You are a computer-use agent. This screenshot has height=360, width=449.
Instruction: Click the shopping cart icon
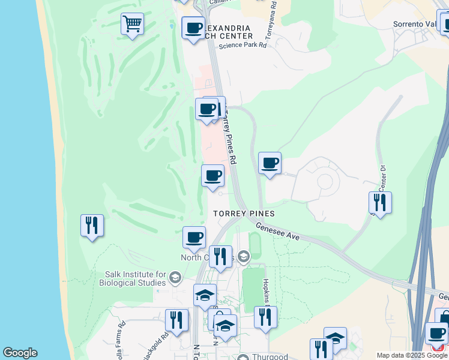[x=132, y=25]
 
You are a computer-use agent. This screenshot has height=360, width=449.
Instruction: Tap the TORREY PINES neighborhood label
[x=245, y=214]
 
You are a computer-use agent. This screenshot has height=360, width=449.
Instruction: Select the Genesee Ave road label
[x=277, y=232]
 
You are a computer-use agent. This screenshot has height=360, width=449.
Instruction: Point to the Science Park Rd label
[x=243, y=45]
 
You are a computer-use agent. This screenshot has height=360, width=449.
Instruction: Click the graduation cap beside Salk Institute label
[x=174, y=277]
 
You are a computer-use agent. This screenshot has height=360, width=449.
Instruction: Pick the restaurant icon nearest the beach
[x=92, y=226]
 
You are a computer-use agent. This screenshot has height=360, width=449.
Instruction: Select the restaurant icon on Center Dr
[x=380, y=202]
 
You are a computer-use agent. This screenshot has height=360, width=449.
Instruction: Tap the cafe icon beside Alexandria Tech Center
[x=193, y=28]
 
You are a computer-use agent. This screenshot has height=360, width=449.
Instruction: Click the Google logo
[x=20, y=353]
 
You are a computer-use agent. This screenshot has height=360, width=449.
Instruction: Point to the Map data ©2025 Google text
[x=411, y=355]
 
